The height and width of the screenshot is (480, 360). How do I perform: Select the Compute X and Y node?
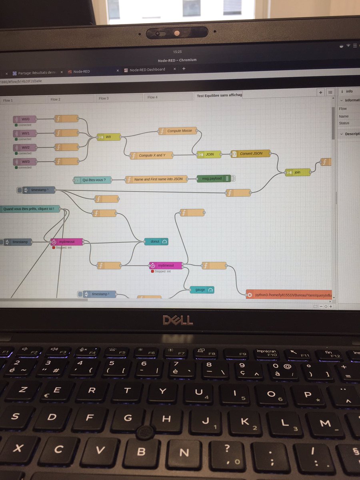click(x=152, y=155)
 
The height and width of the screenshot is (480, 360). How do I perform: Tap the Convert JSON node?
click(x=251, y=154)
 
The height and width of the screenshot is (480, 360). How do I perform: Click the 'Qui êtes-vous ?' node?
click(x=93, y=180)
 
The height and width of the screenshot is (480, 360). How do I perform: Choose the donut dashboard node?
click(x=156, y=242)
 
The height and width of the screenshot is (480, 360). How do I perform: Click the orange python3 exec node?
click(x=289, y=295)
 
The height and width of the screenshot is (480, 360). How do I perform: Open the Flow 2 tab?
click(x=56, y=99)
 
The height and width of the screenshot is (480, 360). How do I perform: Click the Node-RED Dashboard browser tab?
click(x=147, y=70)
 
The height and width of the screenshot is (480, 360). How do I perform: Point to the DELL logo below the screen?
click(x=178, y=320)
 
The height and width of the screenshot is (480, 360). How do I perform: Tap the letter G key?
click(x=128, y=418)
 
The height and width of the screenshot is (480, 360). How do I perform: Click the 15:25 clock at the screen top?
click(x=178, y=52)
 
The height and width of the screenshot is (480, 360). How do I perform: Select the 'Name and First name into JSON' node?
click(x=159, y=179)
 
